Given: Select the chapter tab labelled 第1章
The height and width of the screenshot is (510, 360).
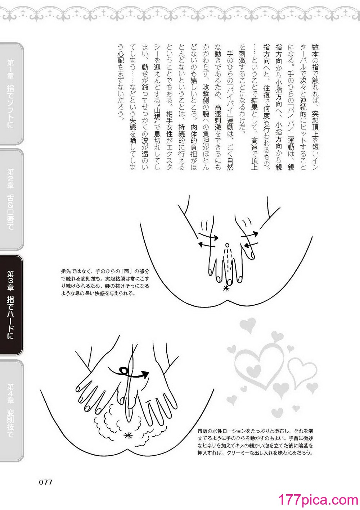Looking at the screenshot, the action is point(12,94).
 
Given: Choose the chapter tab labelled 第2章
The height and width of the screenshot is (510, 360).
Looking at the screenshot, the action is point(12,200).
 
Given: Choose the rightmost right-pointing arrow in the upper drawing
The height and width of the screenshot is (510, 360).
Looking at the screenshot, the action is point(249,234).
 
